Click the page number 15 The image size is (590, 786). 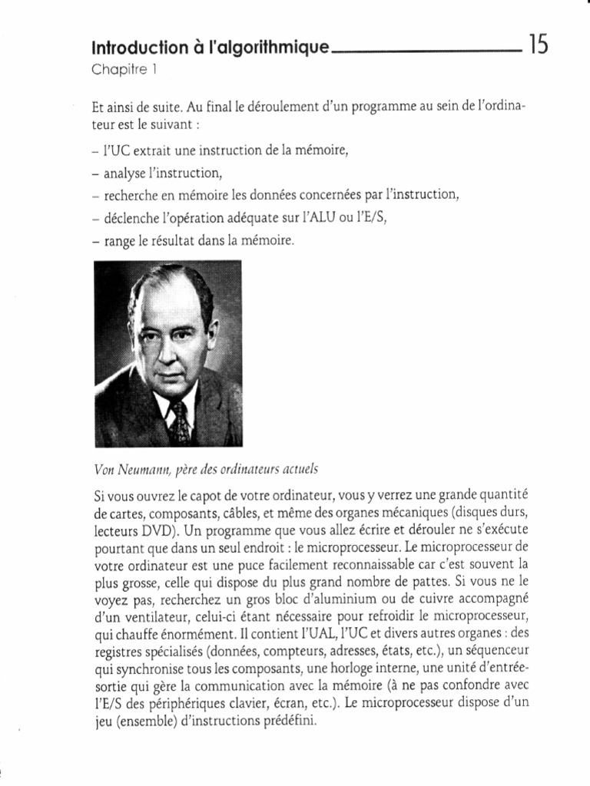coord(538,46)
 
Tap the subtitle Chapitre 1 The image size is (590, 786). coord(124,70)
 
